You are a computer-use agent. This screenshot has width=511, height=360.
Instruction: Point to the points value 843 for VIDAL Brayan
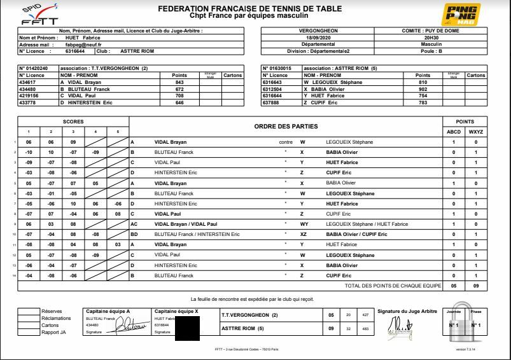[179, 83]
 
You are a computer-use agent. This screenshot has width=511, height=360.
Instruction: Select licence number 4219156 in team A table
[31, 96]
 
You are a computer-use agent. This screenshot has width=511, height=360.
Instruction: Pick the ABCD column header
[454, 132]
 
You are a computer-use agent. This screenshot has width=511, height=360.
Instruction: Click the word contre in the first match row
[286, 142]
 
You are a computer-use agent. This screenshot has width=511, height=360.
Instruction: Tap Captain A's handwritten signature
[127, 326]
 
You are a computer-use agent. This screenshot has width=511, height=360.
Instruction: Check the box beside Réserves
[29, 312]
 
